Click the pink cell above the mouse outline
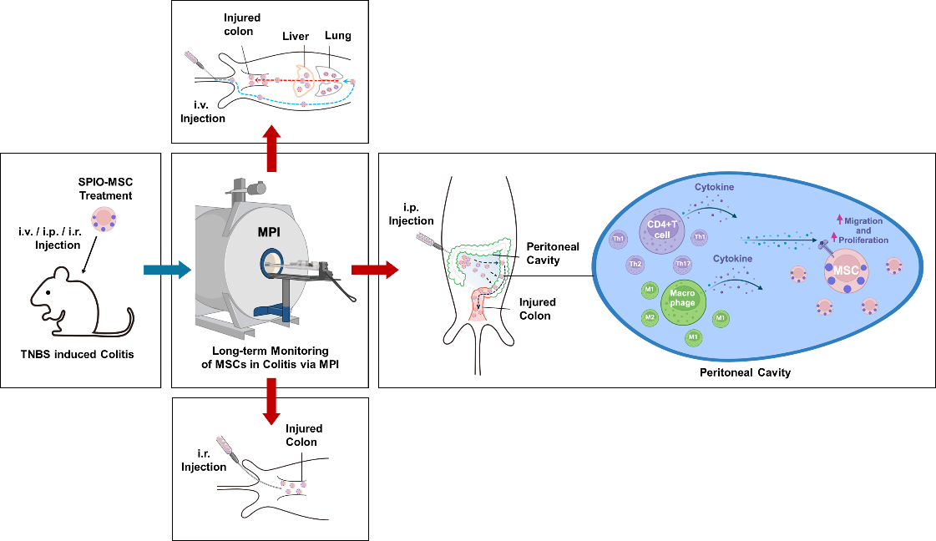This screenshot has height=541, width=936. point(104,220)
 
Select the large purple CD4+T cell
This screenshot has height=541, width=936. point(662,230)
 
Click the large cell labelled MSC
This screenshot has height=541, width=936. point(846,270)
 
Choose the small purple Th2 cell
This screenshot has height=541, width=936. point(635,265)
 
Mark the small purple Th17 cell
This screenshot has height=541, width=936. point(683,265)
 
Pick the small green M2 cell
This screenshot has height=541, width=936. point(650,318)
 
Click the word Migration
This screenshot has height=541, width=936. point(863,221)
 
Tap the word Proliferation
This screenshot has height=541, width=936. point(863,240)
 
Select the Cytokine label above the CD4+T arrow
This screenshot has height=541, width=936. point(714,188)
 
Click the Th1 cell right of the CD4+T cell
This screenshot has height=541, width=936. point(700,237)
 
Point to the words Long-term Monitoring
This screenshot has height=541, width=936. point(270,351)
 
